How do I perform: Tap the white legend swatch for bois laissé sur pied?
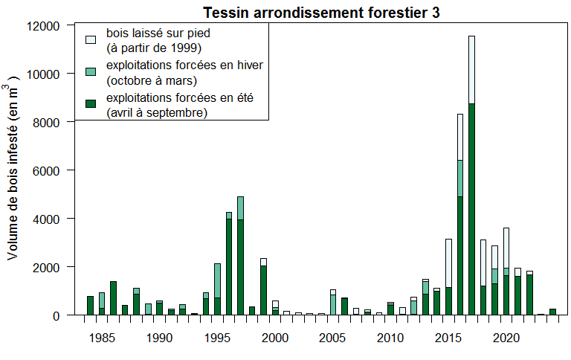(x=91, y=39)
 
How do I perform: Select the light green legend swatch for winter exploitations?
(x=91, y=71)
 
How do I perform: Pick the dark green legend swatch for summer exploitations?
(x=91, y=103)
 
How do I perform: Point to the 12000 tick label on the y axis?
(x=41, y=26)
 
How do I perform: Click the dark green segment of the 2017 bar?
(x=471, y=208)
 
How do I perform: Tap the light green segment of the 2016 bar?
(x=460, y=178)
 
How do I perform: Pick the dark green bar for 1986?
(x=114, y=298)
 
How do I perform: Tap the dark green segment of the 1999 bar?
(x=263, y=290)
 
